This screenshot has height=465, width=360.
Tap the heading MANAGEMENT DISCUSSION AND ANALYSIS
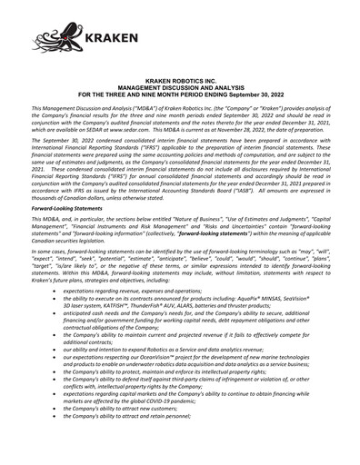[180, 86]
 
